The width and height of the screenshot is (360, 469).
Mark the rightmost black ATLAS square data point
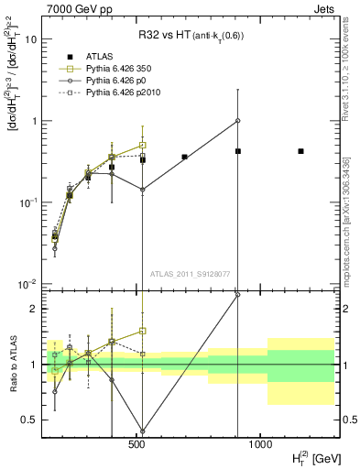tap(300, 151)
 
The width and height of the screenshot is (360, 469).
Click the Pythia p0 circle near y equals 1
tap(237, 121)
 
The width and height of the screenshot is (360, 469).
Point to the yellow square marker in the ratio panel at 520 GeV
tap(143, 331)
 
